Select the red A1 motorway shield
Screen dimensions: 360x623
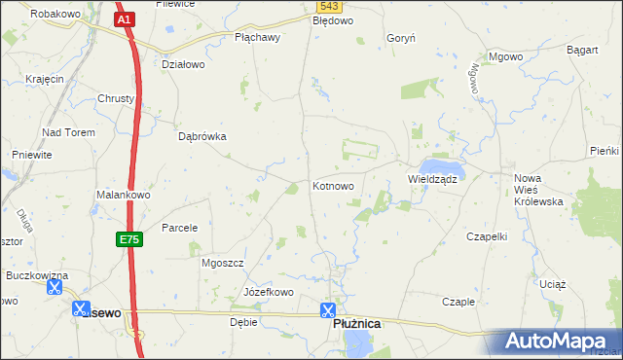point(124,18)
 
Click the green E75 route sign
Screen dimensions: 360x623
point(131,238)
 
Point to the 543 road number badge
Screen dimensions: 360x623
point(328,6)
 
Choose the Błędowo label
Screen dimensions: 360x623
point(333,19)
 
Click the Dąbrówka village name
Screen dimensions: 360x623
point(202,137)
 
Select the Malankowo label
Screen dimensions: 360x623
point(123,195)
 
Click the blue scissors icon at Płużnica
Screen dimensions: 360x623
point(328,311)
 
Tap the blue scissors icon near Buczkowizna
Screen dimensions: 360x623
point(55,288)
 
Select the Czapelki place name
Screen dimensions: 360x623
point(489,236)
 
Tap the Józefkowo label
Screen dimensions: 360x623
point(268,292)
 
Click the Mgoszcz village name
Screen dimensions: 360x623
point(221,264)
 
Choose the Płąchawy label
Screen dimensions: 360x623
point(258,38)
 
